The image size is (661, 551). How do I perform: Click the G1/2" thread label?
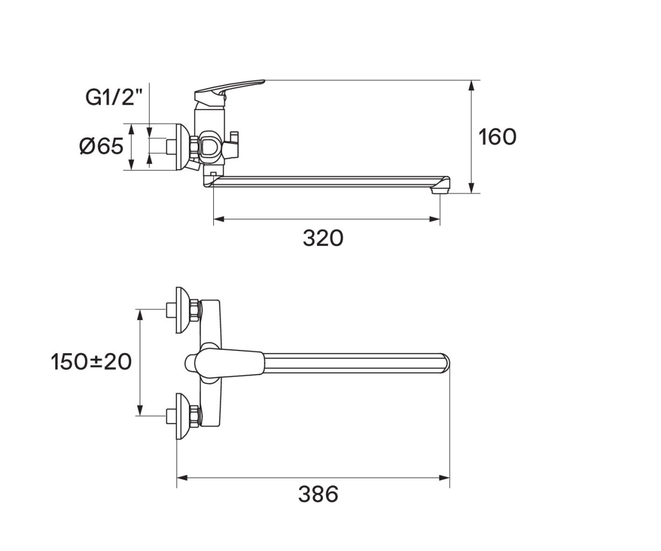(x=114, y=97)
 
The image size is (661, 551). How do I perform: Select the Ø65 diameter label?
(x=101, y=147)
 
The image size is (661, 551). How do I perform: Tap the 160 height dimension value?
(x=497, y=137)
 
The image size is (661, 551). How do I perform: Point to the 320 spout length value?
(x=323, y=238)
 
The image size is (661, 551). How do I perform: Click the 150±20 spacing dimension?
(x=91, y=361)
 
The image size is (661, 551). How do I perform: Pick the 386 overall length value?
(x=318, y=494)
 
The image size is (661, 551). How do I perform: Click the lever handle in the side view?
(x=229, y=92)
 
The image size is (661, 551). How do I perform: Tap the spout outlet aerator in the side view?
(x=440, y=190)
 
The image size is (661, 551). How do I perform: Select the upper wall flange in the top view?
(x=183, y=310)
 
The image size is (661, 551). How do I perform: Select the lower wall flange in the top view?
(x=183, y=417)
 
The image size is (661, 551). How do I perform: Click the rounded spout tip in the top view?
(x=446, y=363)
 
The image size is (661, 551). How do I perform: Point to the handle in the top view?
(x=224, y=363)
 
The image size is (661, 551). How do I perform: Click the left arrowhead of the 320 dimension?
(x=219, y=219)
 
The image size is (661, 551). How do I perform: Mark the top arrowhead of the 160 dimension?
(x=472, y=85)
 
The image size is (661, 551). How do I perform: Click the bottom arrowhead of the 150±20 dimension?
(x=139, y=410)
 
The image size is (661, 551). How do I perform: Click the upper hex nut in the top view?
(x=194, y=310)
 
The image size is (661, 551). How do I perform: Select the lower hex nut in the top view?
(x=194, y=416)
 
